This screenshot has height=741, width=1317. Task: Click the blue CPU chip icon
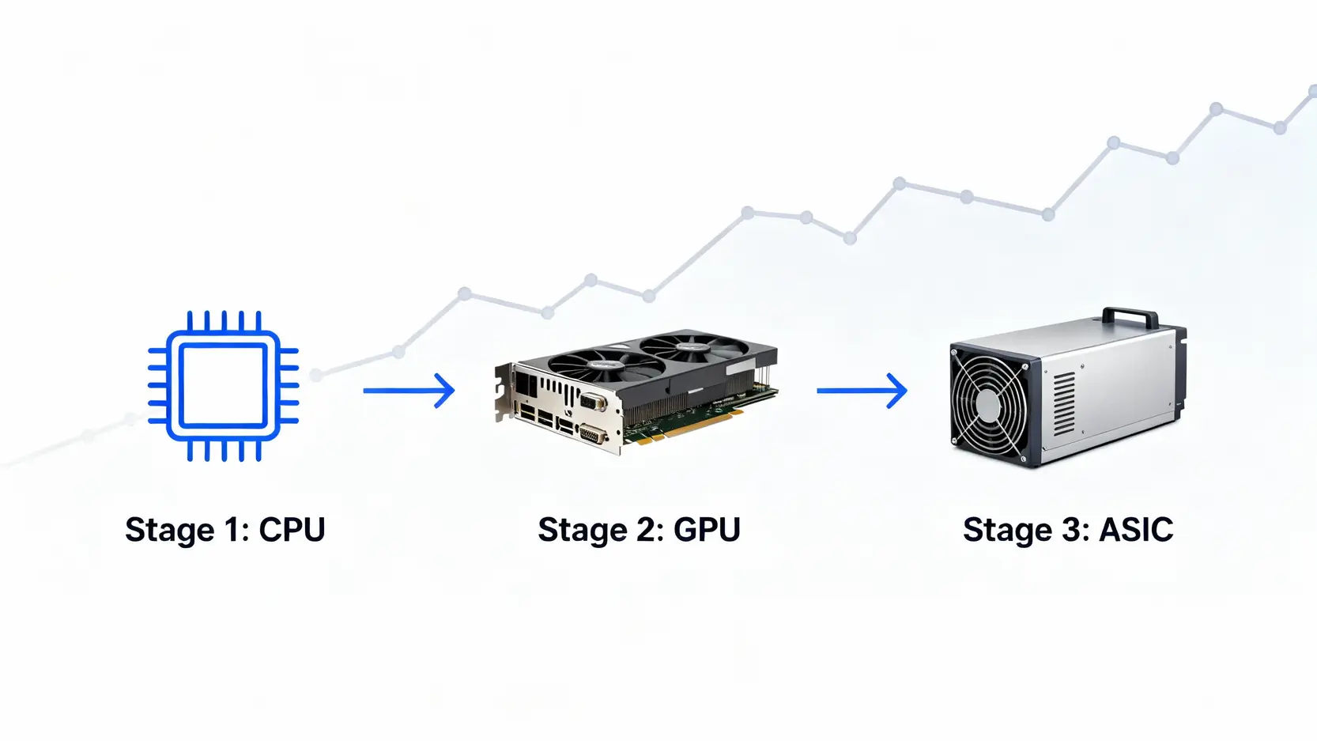(224, 386)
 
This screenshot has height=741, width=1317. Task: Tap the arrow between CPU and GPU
(409, 390)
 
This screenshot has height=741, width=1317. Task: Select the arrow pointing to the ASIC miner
(862, 390)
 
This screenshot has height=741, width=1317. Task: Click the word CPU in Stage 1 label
(292, 530)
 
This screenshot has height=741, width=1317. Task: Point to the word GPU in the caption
(707, 530)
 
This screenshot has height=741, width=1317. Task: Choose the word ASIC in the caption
(1136, 530)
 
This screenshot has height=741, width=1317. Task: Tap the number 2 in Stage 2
(645, 530)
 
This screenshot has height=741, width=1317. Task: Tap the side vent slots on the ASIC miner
(1064, 403)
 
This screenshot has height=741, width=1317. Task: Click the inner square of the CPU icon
(224, 386)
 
